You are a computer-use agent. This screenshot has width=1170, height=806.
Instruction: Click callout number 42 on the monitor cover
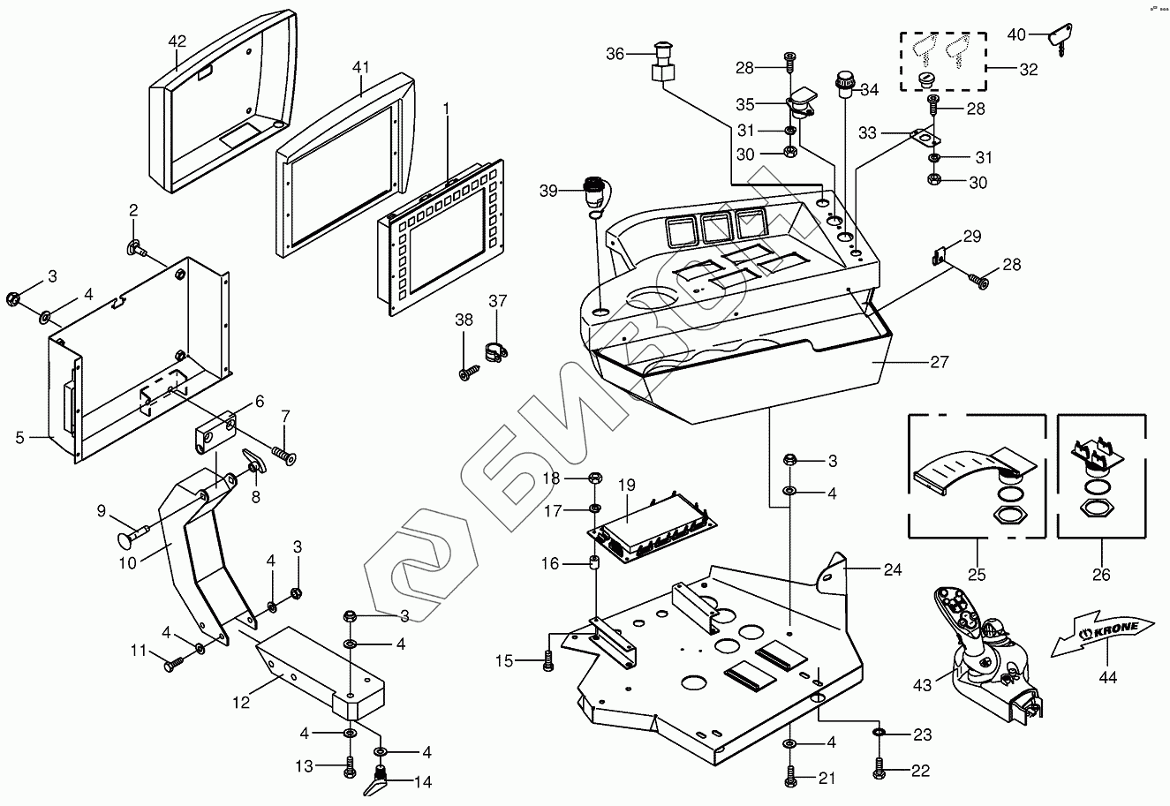point(177,41)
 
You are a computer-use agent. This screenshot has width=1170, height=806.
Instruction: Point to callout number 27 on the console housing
point(939,362)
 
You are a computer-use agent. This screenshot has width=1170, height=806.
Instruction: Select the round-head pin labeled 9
point(132,536)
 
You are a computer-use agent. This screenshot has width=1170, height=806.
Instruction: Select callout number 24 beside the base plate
point(893,569)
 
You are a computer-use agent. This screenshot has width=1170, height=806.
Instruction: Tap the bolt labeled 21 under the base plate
point(789,777)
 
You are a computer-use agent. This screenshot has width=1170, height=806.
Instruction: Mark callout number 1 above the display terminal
point(447,109)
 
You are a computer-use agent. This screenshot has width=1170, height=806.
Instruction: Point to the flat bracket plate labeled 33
point(920,137)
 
